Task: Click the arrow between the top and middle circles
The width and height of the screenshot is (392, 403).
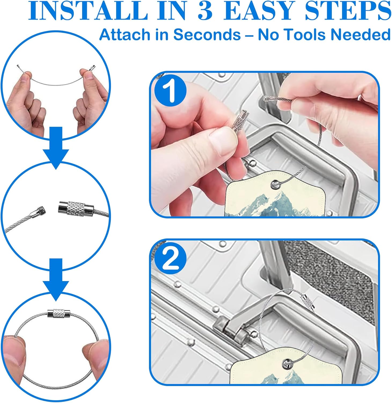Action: pyautogui.click(x=56, y=148)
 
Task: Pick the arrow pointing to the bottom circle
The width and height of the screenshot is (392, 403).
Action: pyautogui.click(x=56, y=279)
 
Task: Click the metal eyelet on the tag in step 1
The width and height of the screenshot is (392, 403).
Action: pyautogui.click(x=275, y=184)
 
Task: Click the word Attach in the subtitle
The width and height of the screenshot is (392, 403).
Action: pyautogui.click(x=125, y=35)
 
